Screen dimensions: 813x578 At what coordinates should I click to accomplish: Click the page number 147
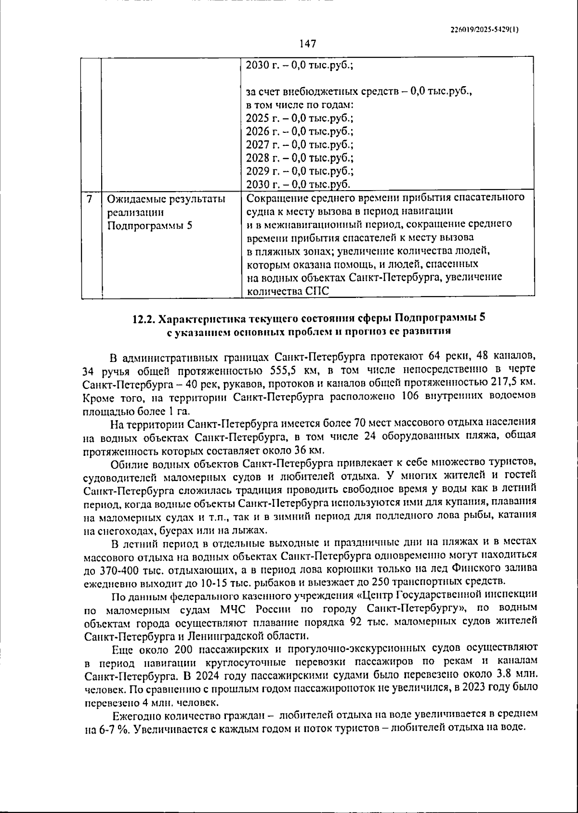[307, 44]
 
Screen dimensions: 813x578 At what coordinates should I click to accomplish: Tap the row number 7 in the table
[90, 198]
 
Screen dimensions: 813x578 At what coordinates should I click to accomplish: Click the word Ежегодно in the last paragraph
[137, 715]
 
